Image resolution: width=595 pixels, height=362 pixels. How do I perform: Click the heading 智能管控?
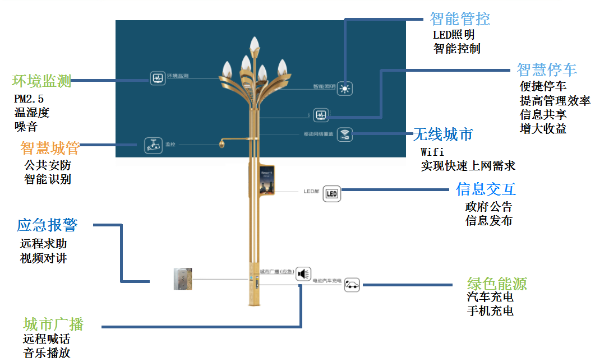coord(460,19)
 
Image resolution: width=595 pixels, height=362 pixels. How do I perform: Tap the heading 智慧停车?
coord(547,69)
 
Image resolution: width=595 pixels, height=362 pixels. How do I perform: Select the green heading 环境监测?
coord(42,81)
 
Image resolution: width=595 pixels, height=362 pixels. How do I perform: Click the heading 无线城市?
coord(443,134)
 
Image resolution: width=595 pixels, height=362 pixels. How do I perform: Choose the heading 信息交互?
coord(486,189)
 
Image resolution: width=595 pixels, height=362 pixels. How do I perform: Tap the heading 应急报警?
coord(47,225)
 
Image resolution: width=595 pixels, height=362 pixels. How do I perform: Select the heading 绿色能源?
coord(497,284)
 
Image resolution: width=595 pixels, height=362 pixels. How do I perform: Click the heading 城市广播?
coord(53,324)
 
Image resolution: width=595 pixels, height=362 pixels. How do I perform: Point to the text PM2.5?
coord(29,99)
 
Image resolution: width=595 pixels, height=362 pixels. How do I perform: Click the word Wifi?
coord(432,152)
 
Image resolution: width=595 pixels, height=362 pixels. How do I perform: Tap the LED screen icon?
coord(332,194)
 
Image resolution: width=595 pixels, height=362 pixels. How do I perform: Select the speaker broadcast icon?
coord(303,273)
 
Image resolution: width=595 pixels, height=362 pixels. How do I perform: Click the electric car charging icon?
coord(352,285)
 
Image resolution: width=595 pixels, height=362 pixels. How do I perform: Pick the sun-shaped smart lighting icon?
coord(345,89)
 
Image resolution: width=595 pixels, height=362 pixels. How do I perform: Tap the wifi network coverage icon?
coord(345,135)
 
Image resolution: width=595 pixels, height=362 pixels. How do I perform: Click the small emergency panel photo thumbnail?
coord(183,279)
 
